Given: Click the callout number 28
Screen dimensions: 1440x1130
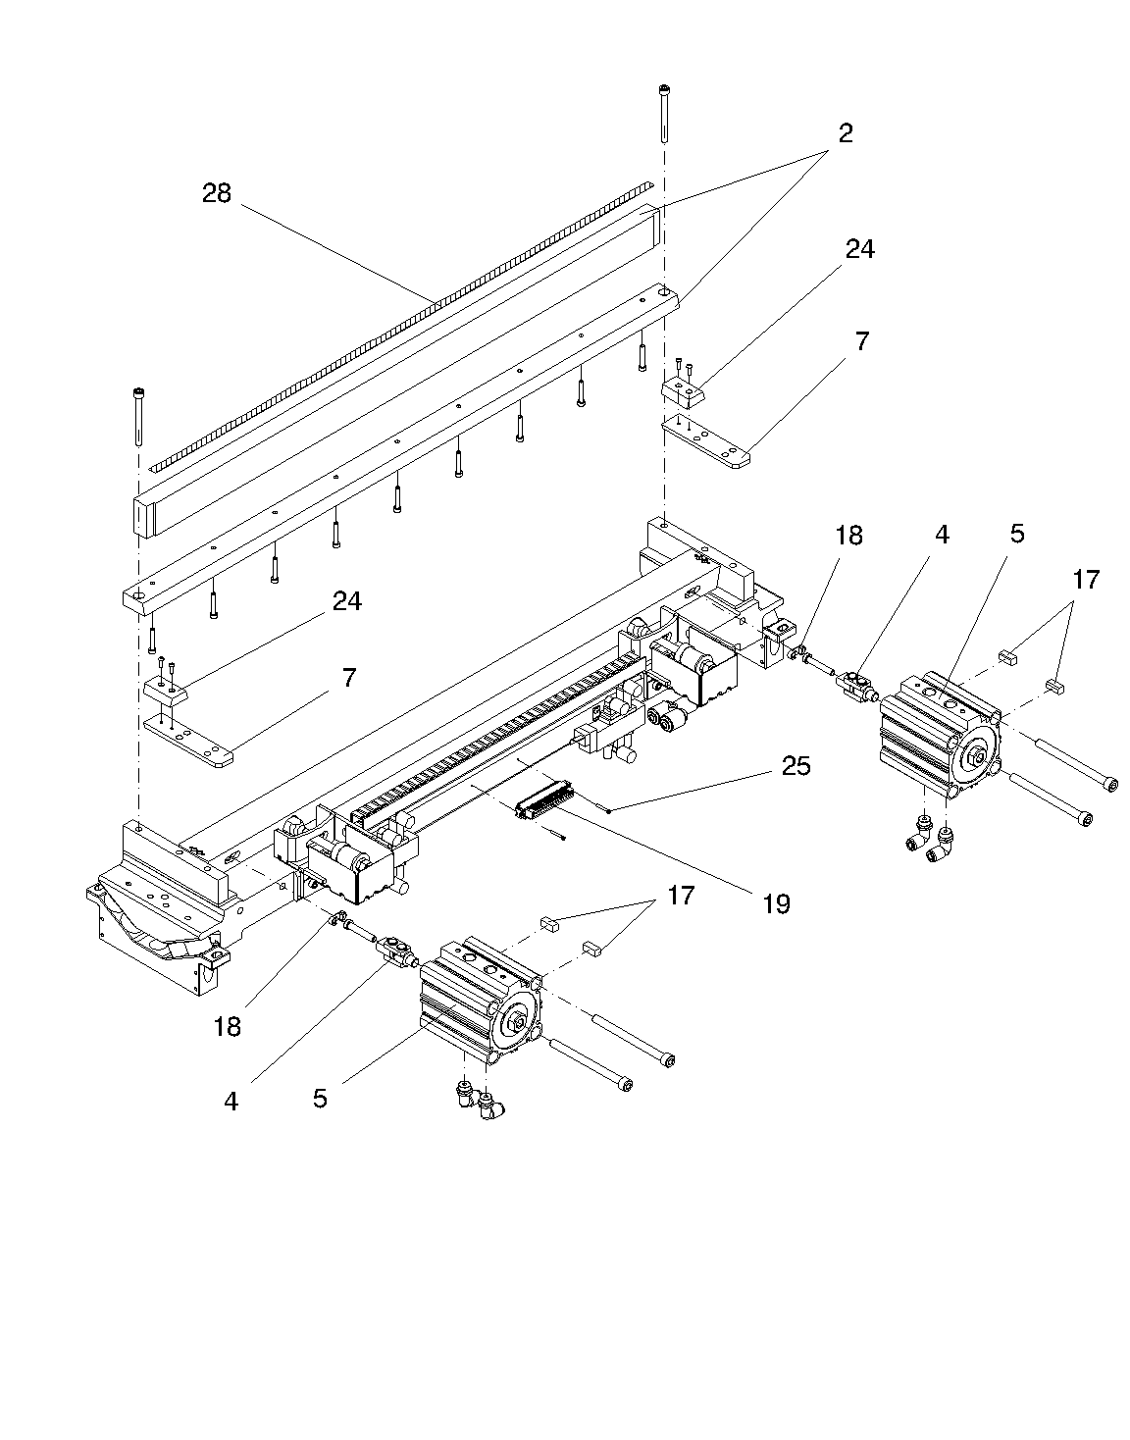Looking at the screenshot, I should pyautogui.click(x=217, y=193).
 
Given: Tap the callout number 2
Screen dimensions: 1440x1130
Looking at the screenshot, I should pyautogui.click(x=845, y=132).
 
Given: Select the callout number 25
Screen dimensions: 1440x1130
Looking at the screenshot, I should pyautogui.click(x=796, y=765).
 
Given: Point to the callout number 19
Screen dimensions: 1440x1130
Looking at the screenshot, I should pyautogui.click(x=776, y=902).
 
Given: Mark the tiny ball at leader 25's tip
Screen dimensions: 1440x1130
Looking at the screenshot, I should pyautogui.click(x=610, y=809).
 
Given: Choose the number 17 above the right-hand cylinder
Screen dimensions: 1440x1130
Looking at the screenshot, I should pyautogui.click(x=1086, y=580).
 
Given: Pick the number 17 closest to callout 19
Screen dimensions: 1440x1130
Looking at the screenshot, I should pyautogui.click(x=681, y=896).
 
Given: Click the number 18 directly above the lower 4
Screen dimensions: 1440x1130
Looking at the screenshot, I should pyautogui.click(x=229, y=1026).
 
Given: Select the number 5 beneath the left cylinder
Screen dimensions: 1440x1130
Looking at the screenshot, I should pyautogui.click(x=321, y=1098).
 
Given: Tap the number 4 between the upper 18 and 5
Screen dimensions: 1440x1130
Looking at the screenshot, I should pyautogui.click(x=942, y=535).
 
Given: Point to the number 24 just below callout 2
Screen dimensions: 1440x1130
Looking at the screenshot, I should pyautogui.click(x=859, y=250).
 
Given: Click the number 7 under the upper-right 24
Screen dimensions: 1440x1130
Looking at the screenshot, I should pyautogui.click(x=861, y=342).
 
